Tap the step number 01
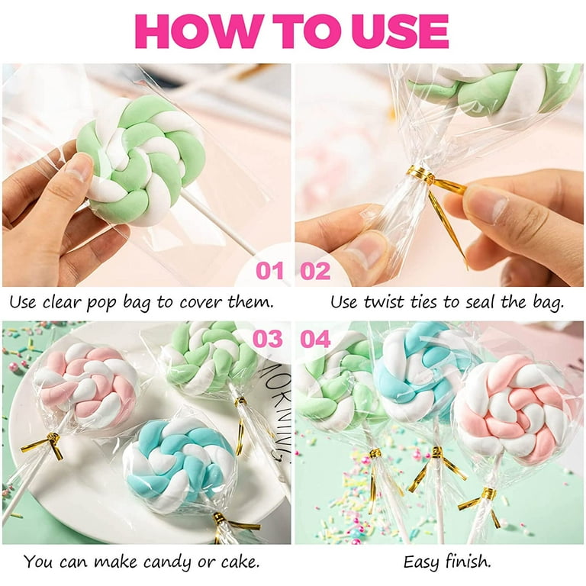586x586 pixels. tap(269, 271)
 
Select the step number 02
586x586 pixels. tap(315, 271)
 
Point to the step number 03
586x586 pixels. tap(268, 339)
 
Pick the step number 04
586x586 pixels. tap(315, 339)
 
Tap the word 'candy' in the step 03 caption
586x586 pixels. tap(166, 562)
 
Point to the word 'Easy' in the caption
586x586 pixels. tap(421, 562)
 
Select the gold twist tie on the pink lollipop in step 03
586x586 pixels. tap(44, 446)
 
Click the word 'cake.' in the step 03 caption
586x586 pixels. tap(240, 562)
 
